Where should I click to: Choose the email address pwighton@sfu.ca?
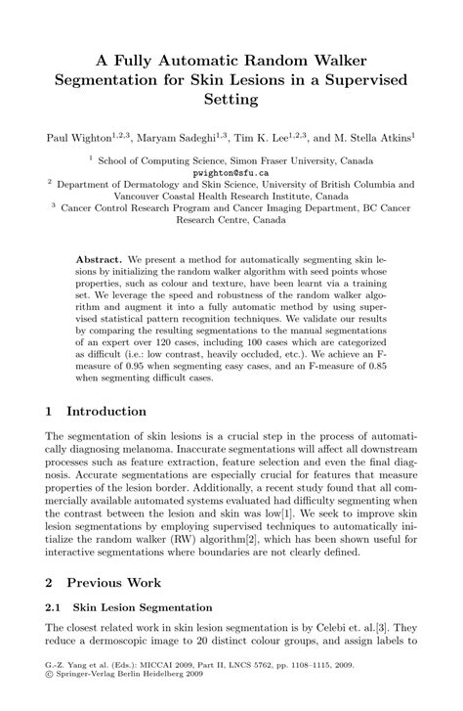pos(231,170)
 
